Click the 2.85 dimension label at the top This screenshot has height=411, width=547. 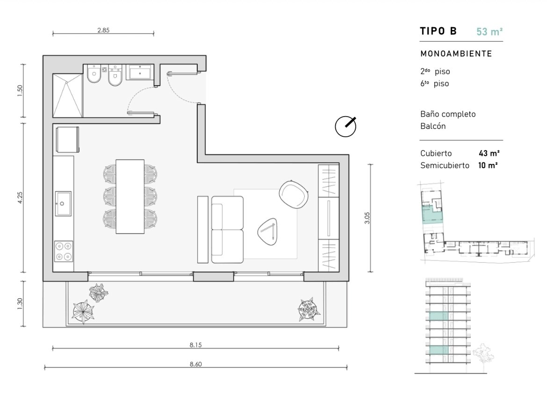pos(103,30)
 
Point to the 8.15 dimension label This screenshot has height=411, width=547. pos(196,345)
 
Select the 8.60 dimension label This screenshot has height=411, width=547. pos(196,364)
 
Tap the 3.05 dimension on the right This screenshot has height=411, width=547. pos(367,218)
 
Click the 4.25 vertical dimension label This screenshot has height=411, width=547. pos(20,198)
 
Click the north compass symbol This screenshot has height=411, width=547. pos(345,126)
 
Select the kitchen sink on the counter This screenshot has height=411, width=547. pos(63,204)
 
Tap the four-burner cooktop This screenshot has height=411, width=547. pos(64,251)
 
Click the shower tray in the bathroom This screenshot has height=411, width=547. pos(68,95)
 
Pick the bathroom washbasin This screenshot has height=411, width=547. pos(139,72)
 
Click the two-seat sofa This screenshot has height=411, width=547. pos(227,229)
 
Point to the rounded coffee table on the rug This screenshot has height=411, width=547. pos(268,231)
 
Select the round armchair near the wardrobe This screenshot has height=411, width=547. pos(294,194)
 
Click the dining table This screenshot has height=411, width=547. pos(130,197)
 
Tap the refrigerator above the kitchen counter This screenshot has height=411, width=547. pos(67,139)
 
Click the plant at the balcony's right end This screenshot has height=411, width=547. pos(309,309)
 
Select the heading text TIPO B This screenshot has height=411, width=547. pos(438,31)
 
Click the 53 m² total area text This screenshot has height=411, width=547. pos(489,31)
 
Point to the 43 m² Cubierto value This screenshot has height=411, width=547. pos(489,153)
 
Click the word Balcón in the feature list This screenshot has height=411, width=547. pos(433,126)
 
